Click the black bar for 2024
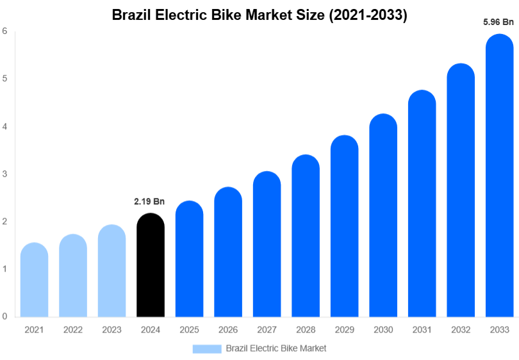[151, 266]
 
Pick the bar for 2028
[306, 236]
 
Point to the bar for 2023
[112, 272]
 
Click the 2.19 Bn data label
[149, 202]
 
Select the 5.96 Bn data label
[498, 22]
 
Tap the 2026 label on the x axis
[228, 330]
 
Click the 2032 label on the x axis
[460, 330]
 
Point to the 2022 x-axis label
[73, 330]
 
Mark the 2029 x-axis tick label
[344, 330]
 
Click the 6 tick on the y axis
[4, 31]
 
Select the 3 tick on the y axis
[4, 174]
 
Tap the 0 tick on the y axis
[4, 316]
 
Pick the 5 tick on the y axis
[4, 78]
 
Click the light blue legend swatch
[206, 348]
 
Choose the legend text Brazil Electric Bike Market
[276, 348]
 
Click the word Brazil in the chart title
[130, 15]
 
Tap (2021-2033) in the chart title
[368, 15]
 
